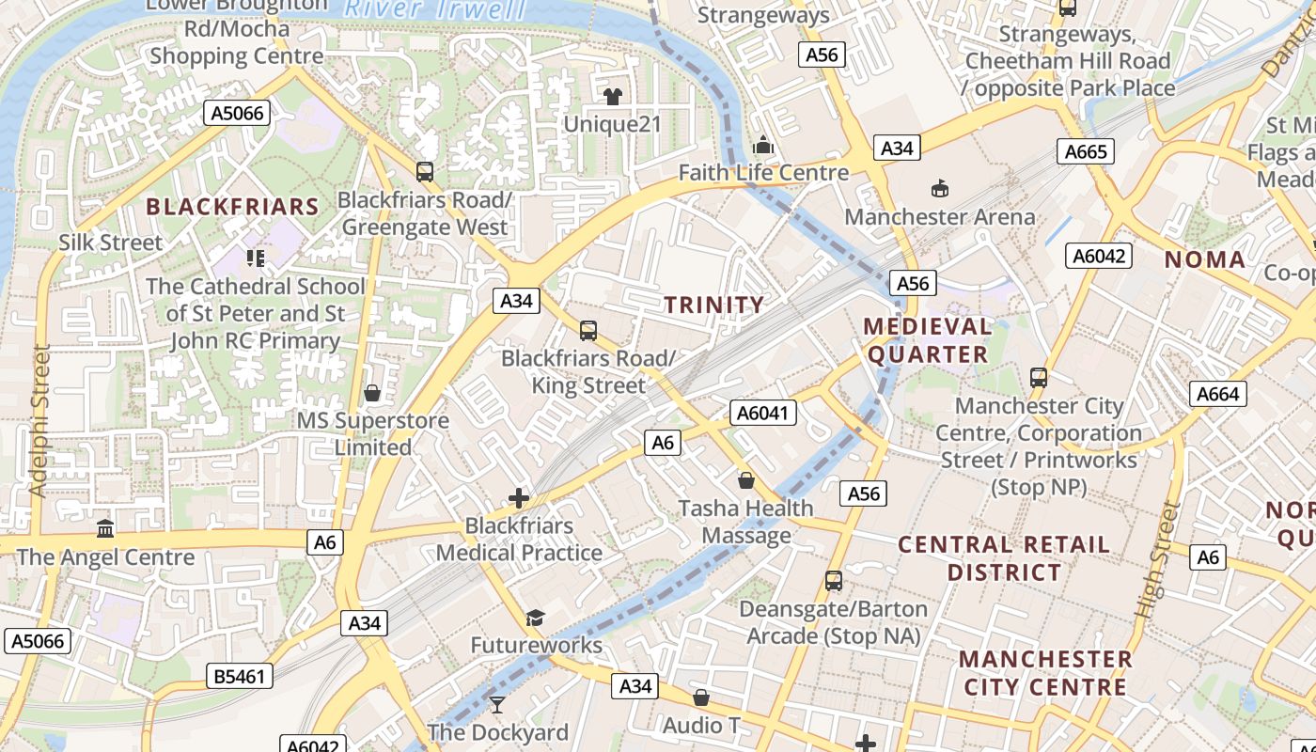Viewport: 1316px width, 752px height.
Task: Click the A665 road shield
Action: click(x=1086, y=151)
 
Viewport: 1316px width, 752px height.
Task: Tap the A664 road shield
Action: click(x=1217, y=394)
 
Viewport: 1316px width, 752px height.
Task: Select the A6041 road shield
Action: click(x=763, y=413)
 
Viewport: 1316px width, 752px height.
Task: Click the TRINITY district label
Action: click(x=714, y=305)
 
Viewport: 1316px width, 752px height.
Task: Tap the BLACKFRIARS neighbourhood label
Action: click(x=232, y=207)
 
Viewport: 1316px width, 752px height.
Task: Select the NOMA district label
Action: click(x=1205, y=259)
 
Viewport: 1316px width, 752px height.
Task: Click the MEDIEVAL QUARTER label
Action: click(x=928, y=340)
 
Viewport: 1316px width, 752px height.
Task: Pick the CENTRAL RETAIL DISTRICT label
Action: click(x=1004, y=558)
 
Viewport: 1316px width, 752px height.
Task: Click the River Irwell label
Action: click(x=434, y=9)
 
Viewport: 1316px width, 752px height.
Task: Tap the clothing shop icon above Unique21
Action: click(x=613, y=96)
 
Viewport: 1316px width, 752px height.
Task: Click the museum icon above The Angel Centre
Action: click(x=105, y=528)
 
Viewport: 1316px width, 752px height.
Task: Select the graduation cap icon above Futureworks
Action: click(x=535, y=617)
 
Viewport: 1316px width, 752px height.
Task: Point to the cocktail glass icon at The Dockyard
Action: click(x=497, y=704)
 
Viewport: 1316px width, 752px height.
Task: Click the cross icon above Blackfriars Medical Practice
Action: click(x=518, y=498)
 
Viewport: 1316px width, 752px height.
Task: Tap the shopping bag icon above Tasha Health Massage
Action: click(x=746, y=480)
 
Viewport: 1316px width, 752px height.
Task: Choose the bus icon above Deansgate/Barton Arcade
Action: click(x=834, y=581)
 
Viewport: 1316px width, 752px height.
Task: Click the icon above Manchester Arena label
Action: click(x=939, y=189)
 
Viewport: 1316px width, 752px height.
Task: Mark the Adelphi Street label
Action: click(x=39, y=420)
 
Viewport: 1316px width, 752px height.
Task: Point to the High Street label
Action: click(x=1156, y=560)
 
